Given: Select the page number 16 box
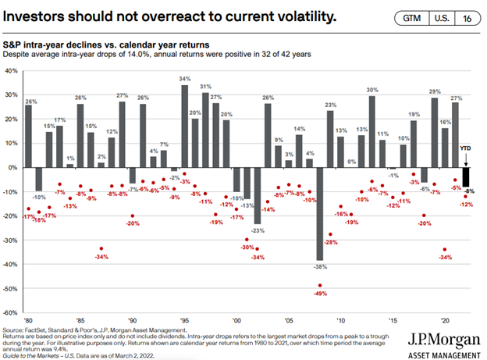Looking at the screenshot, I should click(466, 18).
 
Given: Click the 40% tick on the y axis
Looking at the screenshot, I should click(11, 70).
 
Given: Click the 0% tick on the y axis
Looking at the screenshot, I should click(13, 167).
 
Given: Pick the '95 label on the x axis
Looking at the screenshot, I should click(184, 319).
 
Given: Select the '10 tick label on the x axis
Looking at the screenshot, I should click(341, 319).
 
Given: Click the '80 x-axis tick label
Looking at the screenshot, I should click(28, 319).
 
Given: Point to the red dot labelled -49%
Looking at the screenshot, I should click(320, 286).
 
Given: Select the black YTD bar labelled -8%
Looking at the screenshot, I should click(466, 176).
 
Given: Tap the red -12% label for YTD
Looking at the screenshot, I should click(467, 205).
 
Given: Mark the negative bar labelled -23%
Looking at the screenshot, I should click(258, 194).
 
